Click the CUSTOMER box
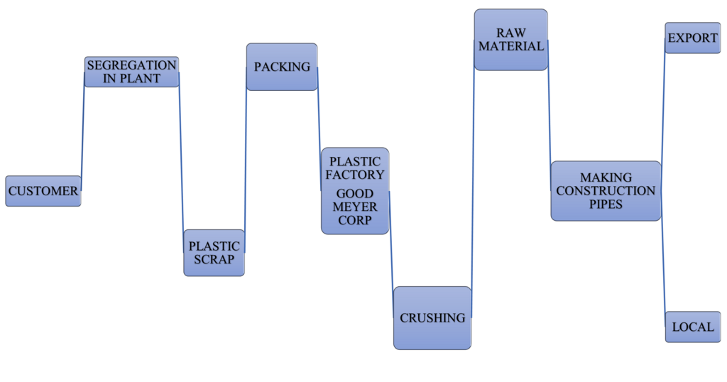(43, 191)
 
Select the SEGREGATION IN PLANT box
(131, 72)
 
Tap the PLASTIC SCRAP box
(214, 253)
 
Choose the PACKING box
(282, 67)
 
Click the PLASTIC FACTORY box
(355, 168)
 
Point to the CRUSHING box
(432, 317)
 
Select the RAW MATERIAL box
(510, 40)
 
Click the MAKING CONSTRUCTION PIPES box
(606, 190)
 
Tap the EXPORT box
(692, 38)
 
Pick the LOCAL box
(692, 327)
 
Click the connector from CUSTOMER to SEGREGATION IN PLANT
(82, 128)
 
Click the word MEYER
(355, 207)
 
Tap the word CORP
(355, 220)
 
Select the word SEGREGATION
(131, 65)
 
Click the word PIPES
(606, 204)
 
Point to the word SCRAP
(214, 260)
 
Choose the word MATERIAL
(510, 46)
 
